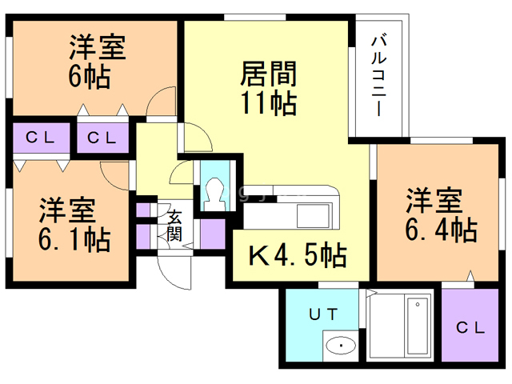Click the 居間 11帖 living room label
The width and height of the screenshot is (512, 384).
[269, 89]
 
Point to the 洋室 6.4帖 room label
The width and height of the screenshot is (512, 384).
[440, 214]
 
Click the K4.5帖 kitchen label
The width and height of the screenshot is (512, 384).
[298, 256]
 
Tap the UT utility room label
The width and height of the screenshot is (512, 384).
[325, 313]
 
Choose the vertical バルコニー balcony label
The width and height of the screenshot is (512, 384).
[381, 76]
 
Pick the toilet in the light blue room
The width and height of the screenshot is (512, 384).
[214, 190]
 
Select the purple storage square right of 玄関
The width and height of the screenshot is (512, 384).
[212, 234]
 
